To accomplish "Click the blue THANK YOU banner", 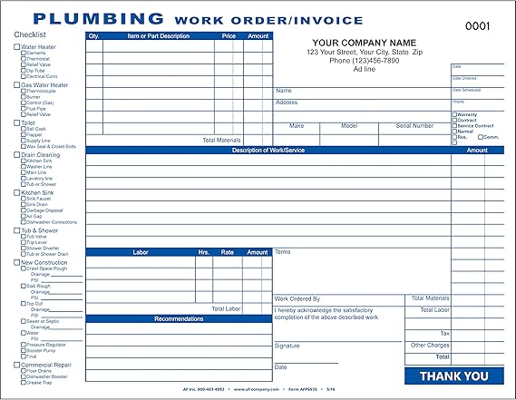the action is (x=453, y=376).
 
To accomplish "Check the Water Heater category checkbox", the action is (x=16, y=46).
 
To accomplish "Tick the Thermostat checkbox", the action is (x=23, y=59).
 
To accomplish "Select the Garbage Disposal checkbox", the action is (x=23, y=210).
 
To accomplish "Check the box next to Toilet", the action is (x=16, y=122).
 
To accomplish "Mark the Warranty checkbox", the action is (x=454, y=114).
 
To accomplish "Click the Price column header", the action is (x=229, y=36).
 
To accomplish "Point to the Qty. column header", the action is (x=94, y=36).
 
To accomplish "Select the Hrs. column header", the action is (x=203, y=252).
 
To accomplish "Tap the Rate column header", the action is (x=229, y=252).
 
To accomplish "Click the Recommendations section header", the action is (x=179, y=318).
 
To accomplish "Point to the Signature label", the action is (x=287, y=346).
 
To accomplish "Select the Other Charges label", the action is (x=430, y=345).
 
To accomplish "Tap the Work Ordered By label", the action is (x=297, y=298).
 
